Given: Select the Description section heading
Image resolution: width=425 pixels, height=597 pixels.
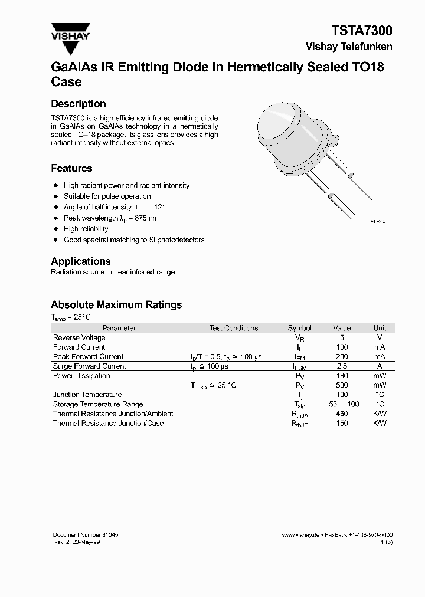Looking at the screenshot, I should coord(79,104).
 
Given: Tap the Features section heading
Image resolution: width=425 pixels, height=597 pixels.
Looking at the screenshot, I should coord(71,168).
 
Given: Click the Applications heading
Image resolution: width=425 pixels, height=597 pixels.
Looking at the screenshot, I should coord(81,261).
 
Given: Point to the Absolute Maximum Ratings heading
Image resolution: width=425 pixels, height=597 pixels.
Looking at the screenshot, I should coord(116,304).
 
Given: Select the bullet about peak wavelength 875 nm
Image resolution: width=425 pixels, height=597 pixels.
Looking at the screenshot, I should coord(111,218).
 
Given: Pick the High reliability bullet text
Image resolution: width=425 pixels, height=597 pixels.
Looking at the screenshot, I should coord(86,229).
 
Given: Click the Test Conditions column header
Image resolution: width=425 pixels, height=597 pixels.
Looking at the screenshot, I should coord(233,328).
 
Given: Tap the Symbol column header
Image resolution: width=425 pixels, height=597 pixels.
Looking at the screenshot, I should coord(299,328).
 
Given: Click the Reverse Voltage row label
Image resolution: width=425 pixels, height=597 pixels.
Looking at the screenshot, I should coord(79,338).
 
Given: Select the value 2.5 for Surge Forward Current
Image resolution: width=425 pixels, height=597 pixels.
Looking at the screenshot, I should coord(342,366).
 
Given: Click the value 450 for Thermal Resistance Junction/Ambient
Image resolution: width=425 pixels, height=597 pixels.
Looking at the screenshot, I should coord(342,414).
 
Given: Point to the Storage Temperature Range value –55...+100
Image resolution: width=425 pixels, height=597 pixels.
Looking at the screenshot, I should coord(342,404).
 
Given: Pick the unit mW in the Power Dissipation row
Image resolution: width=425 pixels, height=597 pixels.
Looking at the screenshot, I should coord(380,376).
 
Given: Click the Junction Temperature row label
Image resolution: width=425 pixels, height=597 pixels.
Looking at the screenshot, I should coord(87,395).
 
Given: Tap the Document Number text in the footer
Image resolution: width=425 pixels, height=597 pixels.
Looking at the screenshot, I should coord(86,534).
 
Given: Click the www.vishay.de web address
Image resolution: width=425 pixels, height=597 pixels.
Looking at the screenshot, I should coord(300,535).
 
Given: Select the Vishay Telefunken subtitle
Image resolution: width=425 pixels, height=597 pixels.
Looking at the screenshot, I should coord(348,47).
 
